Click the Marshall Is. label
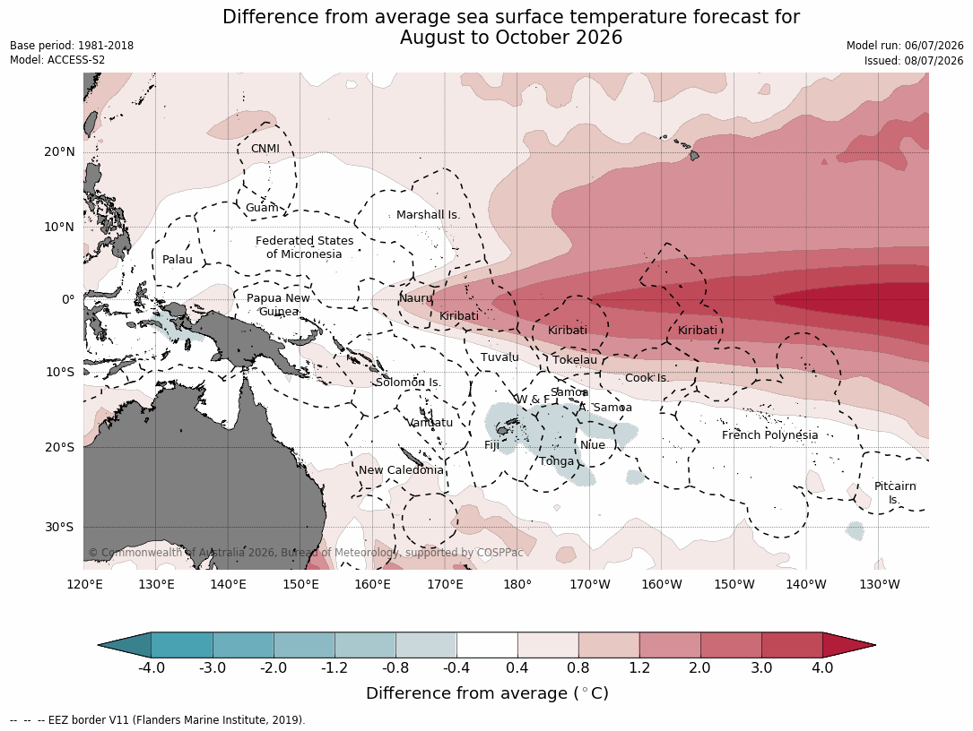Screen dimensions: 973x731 click(x=428, y=215)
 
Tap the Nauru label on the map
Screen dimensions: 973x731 click(x=415, y=298)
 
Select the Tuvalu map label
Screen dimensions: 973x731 click(x=500, y=357)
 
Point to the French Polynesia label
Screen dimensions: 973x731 click(x=769, y=435)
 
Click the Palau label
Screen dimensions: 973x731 click(x=178, y=260)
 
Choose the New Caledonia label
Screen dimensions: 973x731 click(x=401, y=470)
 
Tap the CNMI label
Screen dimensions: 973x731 click(x=265, y=149)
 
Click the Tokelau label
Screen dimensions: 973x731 click(x=575, y=359)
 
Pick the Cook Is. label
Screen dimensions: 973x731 click(x=647, y=377)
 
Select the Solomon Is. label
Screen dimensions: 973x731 click(x=408, y=382)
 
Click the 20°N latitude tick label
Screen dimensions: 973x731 click(x=59, y=152)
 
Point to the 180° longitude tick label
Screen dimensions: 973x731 click(x=517, y=584)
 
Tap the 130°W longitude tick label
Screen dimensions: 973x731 click(x=880, y=584)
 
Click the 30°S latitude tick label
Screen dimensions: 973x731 click(x=59, y=527)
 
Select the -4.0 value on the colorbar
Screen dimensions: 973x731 click(x=151, y=667)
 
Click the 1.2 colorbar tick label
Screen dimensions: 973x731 click(x=639, y=667)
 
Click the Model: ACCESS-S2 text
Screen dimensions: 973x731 click(x=57, y=60)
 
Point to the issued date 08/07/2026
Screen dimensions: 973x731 click(x=934, y=61)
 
